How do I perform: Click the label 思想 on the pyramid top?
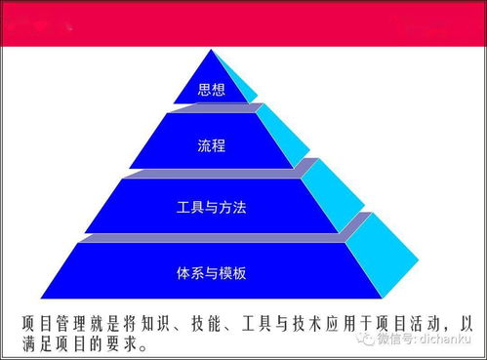coord(211,91)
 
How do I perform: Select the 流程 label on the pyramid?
coord(211,146)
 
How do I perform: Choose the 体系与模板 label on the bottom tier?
coord(213,272)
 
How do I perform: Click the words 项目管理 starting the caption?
coord(53,321)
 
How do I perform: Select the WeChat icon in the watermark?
coord(364,339)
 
